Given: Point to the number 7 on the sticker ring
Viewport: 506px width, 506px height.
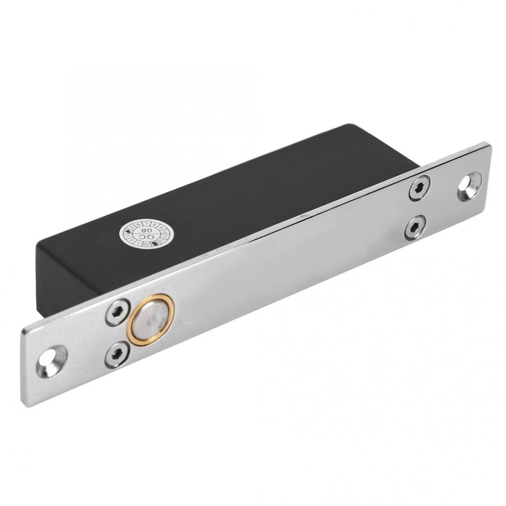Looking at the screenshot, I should pos(146,224).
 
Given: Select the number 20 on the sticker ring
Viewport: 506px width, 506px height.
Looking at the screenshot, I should pos(146,245).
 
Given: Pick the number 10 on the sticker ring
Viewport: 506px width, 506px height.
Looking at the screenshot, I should pos(164,233).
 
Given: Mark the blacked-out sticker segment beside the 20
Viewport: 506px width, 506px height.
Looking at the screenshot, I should pos(155,243).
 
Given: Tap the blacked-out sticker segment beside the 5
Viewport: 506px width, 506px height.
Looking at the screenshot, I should pos(128,231).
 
